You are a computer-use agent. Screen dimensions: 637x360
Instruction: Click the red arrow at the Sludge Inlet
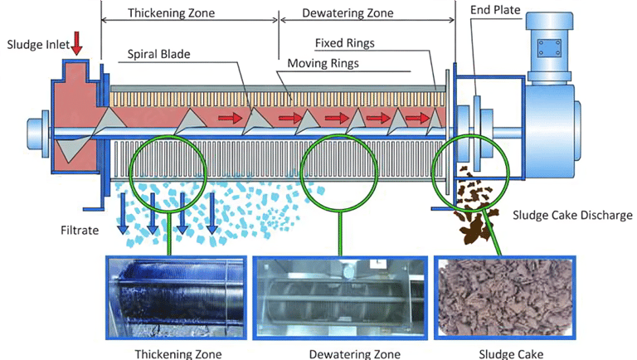pos(76,43)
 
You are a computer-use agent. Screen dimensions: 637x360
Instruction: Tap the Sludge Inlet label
pos(38,44)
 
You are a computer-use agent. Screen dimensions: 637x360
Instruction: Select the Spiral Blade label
pos(159,54)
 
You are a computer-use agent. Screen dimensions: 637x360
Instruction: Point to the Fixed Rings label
pos(345,43)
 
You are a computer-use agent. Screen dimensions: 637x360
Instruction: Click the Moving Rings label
pos(323,63)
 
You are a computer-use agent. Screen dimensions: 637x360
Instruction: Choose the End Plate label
pos(495,10)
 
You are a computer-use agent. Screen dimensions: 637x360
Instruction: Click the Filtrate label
pos(80,231)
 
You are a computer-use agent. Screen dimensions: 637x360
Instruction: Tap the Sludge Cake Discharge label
pos(572,215)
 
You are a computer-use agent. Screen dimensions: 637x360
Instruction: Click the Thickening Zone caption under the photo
pos(178,354)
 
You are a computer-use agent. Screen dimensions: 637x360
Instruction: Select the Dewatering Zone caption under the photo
pos(355,354)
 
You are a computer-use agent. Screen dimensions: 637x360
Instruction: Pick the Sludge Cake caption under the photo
pos(511,354)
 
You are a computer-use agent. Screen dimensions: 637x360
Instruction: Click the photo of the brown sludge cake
pos(505,298)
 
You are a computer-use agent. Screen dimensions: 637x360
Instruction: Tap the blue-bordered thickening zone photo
pos(177,298)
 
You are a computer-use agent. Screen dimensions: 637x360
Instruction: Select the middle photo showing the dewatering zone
pos(340,298)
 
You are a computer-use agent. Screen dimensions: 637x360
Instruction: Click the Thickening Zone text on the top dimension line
pos(171,13)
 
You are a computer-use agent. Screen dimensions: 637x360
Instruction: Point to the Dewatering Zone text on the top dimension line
pos(348,13)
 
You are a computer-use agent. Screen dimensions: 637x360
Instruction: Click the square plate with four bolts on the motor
pos(549,48)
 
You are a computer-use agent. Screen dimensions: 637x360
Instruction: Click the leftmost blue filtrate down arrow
pos(123,213)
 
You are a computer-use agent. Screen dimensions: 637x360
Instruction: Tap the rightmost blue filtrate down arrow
pos(212,213)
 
